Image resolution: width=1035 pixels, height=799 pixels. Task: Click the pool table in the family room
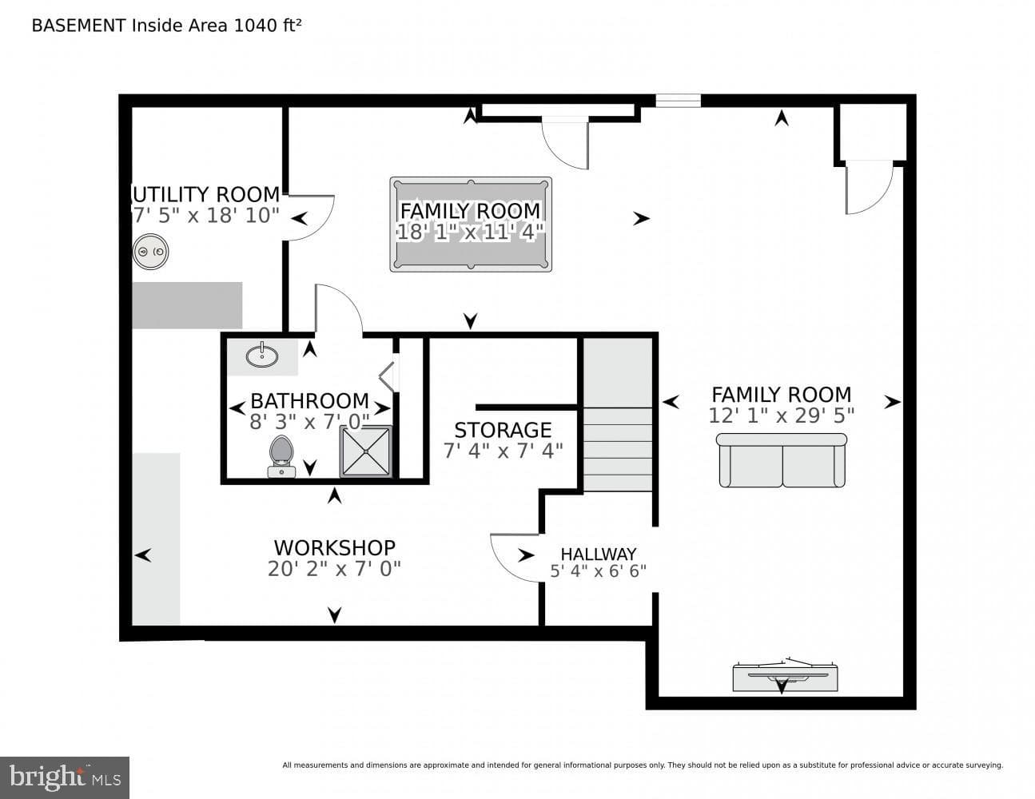tap(471, 225)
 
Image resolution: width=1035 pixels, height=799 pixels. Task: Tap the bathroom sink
tap(262, 356)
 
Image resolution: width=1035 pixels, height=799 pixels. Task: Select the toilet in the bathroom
tap(281, 456)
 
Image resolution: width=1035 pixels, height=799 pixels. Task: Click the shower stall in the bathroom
tap(366, 451)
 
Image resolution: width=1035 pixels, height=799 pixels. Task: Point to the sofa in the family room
tap(782, 460)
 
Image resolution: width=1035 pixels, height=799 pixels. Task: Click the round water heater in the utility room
tap(150, 252)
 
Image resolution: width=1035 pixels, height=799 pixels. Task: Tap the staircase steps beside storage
tap(618, 449)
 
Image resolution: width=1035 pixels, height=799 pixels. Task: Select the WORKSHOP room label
tap(334, 548)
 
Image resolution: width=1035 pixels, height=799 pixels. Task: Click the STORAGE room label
tap(503, 430)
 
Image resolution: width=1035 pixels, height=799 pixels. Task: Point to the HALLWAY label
tap(599, 555)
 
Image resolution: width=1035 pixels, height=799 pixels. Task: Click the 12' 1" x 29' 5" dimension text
tap(781, 415)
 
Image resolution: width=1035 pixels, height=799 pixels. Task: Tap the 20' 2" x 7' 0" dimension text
tap(334, 569)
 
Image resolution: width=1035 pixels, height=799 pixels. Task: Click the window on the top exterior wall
tap(679, 101)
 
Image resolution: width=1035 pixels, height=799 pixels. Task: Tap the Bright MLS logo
tap(65, 777)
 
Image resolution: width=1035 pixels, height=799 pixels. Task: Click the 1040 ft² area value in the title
tap(267, 26)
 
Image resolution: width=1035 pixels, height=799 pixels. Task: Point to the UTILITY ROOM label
tap(205, 194)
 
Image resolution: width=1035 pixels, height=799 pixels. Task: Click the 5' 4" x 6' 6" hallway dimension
tap(599, 571)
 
